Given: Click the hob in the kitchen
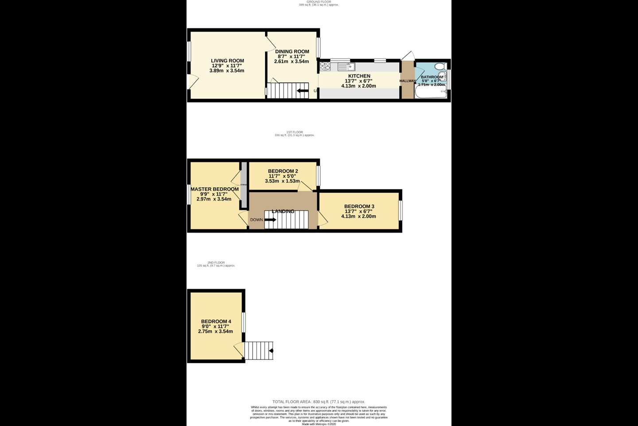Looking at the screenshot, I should (325, 67).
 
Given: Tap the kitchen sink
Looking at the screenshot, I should (345, 67).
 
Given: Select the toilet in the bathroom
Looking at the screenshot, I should (440, 67).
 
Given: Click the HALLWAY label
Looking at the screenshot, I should (408, 81).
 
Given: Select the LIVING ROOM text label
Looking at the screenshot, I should (227, 61).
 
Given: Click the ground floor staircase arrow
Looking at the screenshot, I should (303, 91).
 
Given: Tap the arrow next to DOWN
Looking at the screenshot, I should (270, 219).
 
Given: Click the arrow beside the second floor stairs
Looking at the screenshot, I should (271, 351).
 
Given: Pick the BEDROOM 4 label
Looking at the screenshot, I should (216, 321).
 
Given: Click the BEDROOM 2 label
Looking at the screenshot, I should (283, 171).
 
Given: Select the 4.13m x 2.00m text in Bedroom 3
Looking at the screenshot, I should (358, 217).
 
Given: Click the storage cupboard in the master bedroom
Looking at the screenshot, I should (243, 185).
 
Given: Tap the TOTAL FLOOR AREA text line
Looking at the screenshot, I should (319, 402).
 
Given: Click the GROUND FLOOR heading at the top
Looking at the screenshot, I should (319, 2).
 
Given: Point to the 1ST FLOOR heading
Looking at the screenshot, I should (295, 132).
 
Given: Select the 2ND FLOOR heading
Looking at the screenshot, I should (216, 263).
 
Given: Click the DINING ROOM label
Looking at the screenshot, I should (292, 51).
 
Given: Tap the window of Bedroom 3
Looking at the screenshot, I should (400, 210).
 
